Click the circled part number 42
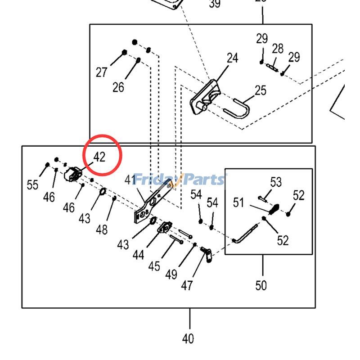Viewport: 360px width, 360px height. (99, 157)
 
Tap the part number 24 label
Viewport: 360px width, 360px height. (232, 58)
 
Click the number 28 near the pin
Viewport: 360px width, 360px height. (278, 49)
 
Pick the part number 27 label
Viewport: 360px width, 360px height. (102, 72)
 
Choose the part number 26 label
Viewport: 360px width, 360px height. (118, 86)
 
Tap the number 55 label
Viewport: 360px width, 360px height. (33, 184)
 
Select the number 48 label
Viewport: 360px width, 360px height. (102, 229)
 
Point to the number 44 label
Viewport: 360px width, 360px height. (139, 255)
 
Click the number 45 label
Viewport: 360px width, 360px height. (154, 266)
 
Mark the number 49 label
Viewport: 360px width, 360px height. (171, 274)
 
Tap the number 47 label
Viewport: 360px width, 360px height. (187, 285)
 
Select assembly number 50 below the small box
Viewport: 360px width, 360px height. (261, 285)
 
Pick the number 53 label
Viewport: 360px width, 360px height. (276, 182)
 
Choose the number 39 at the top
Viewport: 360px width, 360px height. (215, 4)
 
